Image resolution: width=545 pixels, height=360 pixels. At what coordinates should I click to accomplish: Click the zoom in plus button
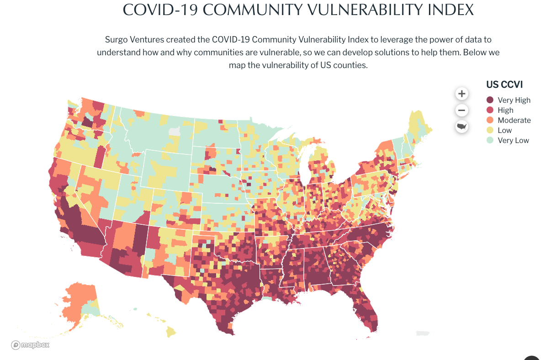tap(462, 94)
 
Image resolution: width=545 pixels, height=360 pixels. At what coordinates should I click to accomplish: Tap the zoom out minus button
tap(462, 110)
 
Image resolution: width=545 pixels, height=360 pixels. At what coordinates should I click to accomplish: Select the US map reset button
tap(462, 126)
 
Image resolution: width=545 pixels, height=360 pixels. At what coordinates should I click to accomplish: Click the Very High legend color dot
tap(490, 100)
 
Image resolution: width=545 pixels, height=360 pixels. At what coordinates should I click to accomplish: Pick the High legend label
tap(506, 110)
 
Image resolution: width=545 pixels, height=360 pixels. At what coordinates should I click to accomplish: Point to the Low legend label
tap(505, 130)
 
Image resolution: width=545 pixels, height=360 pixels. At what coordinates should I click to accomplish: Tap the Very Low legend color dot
tap(490, 140)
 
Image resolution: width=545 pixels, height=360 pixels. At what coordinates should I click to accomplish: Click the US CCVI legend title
tap(504, 85)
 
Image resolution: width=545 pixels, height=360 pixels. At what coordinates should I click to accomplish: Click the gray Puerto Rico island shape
tap(423, 333)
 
